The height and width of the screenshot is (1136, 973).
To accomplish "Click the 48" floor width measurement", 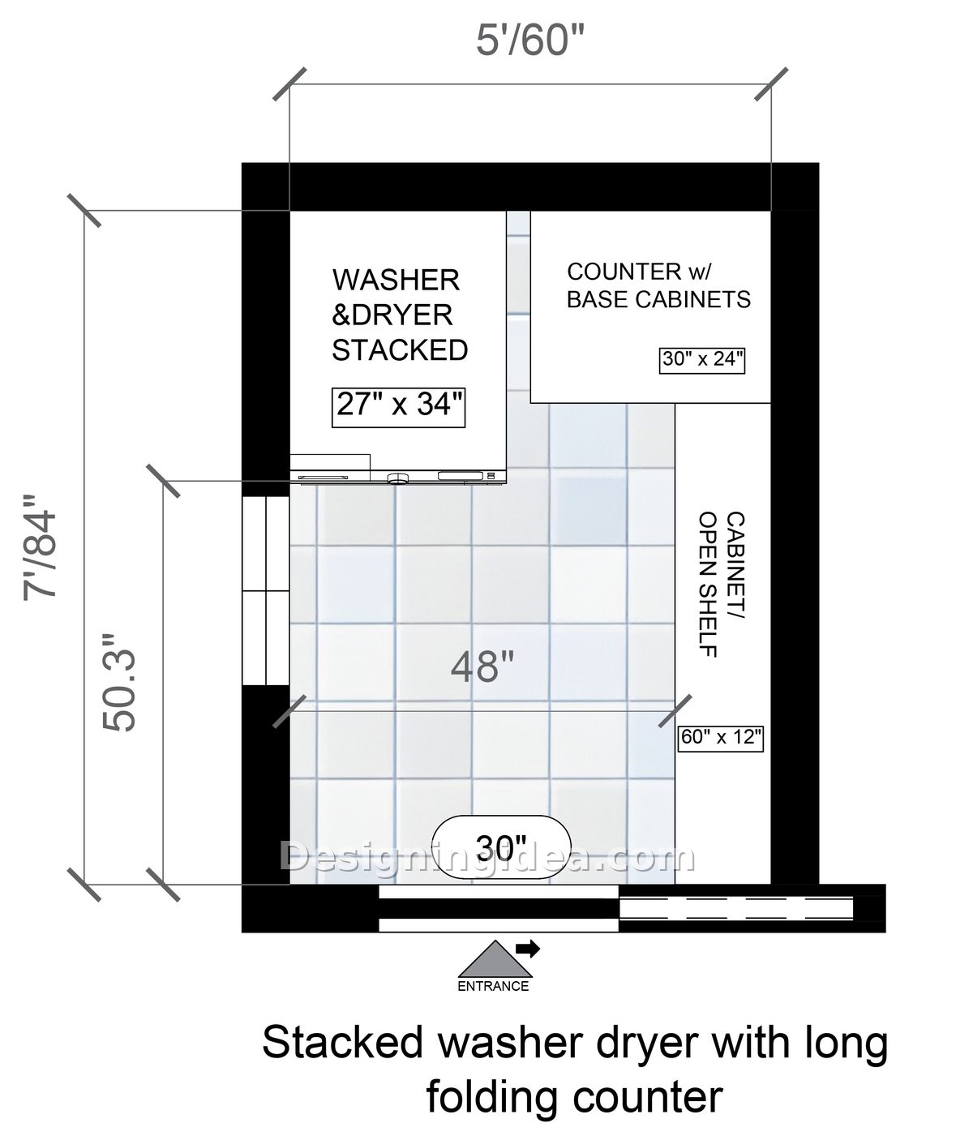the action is pyautogui.click(x=482, y=668).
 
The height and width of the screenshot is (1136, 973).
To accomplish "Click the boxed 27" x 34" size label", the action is pyautogui.click(x=399, y=407).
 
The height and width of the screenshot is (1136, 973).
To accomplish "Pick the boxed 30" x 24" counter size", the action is pyautogui.click(x=702, y=359).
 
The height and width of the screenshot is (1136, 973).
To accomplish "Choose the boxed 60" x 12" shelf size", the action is pyautogui.click(x=721, y=738).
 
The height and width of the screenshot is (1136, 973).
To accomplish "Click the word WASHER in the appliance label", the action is pyautogui.click(x=396, y=280).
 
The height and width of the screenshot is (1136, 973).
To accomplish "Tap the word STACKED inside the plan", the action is pyautogui.click(x=400, y=350).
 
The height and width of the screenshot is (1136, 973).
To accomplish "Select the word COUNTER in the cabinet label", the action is pyautogui.click(x=624, y=272).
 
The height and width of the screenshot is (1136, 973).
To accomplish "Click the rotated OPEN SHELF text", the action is pyautogui.click(x=708, y=584).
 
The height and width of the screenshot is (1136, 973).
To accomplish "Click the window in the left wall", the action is pyautogui.click(x=266, y=591).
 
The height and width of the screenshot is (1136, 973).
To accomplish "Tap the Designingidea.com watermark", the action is pyautogui.click(x=487, y=857).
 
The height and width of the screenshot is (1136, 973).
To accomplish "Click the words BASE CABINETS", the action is pyautogui.click(x=658, y=299).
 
